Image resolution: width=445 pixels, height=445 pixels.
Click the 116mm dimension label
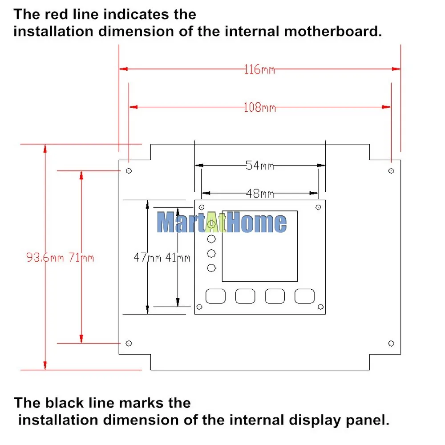click(x=260, y=69)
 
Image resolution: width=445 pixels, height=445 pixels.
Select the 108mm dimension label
click(x=260, y=108)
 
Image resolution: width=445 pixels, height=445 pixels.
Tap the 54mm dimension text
click(x=260, y=165)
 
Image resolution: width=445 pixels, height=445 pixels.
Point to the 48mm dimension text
click(x=260, y=194)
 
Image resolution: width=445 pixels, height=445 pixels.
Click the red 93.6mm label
click(x=45, y=257)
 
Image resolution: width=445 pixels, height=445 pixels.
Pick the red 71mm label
click(x=81, y=257)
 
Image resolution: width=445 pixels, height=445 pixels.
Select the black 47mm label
click(x=147, y=257)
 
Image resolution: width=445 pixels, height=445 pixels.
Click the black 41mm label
click(x=178, y=257)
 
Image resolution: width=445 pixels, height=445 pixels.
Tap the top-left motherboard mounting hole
click(x=129, y=171)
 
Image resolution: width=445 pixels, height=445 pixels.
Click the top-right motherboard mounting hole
click(x=391, y=171)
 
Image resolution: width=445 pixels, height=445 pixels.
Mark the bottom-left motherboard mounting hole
click(x=129, y=344)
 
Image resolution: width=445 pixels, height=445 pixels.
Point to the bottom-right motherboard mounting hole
click(x=391, y=344)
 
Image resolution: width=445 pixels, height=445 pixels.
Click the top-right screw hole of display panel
click(x=318, y=207)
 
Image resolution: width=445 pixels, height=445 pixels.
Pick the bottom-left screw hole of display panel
click(x=199, y=307)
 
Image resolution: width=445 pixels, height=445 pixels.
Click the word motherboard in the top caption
click(x=332, y=31)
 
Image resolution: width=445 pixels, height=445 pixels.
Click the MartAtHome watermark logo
click(x=222, y=222)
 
